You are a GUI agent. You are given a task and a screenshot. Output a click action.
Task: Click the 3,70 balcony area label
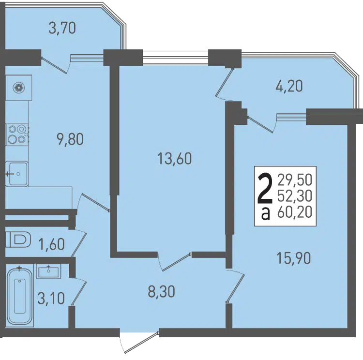click(x=62, y=29)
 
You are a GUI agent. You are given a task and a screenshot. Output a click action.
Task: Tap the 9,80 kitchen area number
click(x=70, y=140)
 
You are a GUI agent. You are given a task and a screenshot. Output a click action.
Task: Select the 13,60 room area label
click(x=175, y=159)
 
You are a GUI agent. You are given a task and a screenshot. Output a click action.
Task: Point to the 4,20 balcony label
click(x=289, y=86)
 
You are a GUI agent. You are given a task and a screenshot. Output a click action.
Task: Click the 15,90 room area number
click(x=294, y=258)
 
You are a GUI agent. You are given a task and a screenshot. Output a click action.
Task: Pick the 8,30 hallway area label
click(x=161, y=291)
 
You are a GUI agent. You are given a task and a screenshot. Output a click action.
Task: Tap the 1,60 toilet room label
click(x=51, y=244)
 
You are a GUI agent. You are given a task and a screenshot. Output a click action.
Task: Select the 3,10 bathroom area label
click(x=51, y=298)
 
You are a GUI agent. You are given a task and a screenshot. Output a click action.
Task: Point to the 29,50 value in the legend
click(x=295, y=180)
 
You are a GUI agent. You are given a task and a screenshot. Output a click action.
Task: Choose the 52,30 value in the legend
click(x=295, y=196)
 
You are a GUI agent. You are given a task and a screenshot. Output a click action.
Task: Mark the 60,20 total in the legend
click(x=295, y=212)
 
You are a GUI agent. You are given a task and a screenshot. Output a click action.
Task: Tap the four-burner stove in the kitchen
click(x=17, y=135)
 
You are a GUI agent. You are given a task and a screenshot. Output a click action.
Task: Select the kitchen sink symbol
click(x=16, y=174)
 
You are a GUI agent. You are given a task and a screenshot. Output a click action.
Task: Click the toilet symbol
click(x=18, y=240)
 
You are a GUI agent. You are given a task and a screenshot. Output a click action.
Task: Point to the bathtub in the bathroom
click(x=20, y=296)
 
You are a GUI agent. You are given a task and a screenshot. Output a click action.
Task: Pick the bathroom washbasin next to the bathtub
click(x=48, y=271)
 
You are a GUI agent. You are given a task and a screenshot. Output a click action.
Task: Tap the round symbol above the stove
click(x=19, y=88)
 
